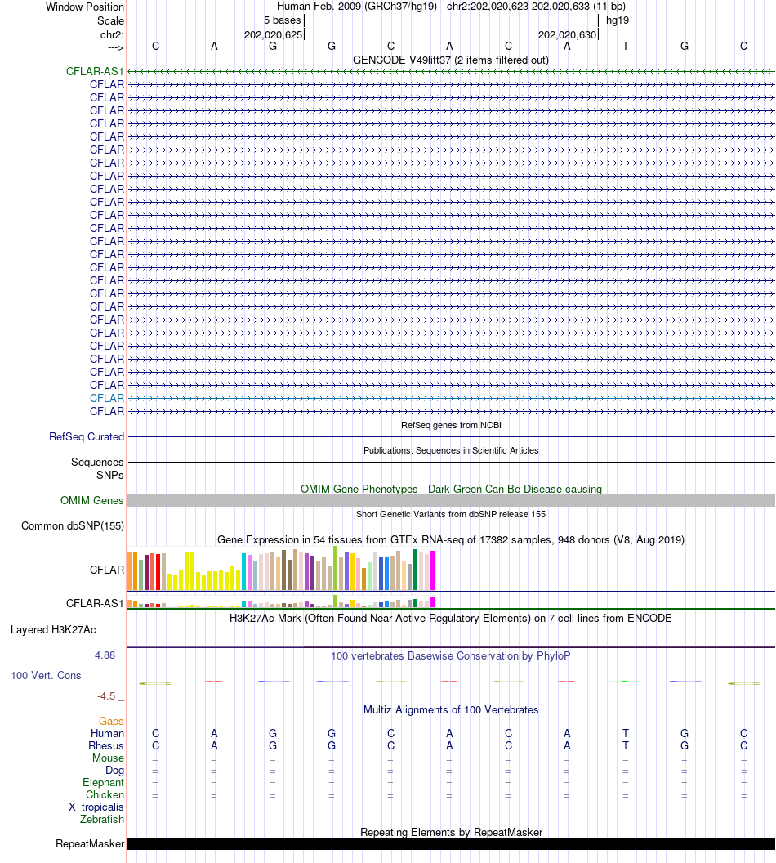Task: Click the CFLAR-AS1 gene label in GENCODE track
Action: [x=95, y=72]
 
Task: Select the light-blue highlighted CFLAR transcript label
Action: [x=107, y=398]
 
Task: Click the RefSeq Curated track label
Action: [x=87, y=437]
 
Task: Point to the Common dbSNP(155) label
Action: [x=73, y=526]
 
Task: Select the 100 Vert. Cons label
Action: [x=47, y=676]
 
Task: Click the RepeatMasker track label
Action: [x=90, y=844]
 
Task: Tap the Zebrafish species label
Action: [x=102, y=819]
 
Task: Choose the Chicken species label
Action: [x=105, y=794]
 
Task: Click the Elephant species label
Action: [x=103, y=782]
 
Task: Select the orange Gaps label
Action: [x=111, y=721]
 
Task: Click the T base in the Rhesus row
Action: [x=626, y=745]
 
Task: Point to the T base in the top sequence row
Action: [x=626, y=46]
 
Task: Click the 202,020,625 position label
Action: [x=273, y=35]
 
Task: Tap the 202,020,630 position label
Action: [x=567, y=35]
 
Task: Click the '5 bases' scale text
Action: [x=282, y=20]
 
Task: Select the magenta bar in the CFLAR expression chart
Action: [x=433, y=570]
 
